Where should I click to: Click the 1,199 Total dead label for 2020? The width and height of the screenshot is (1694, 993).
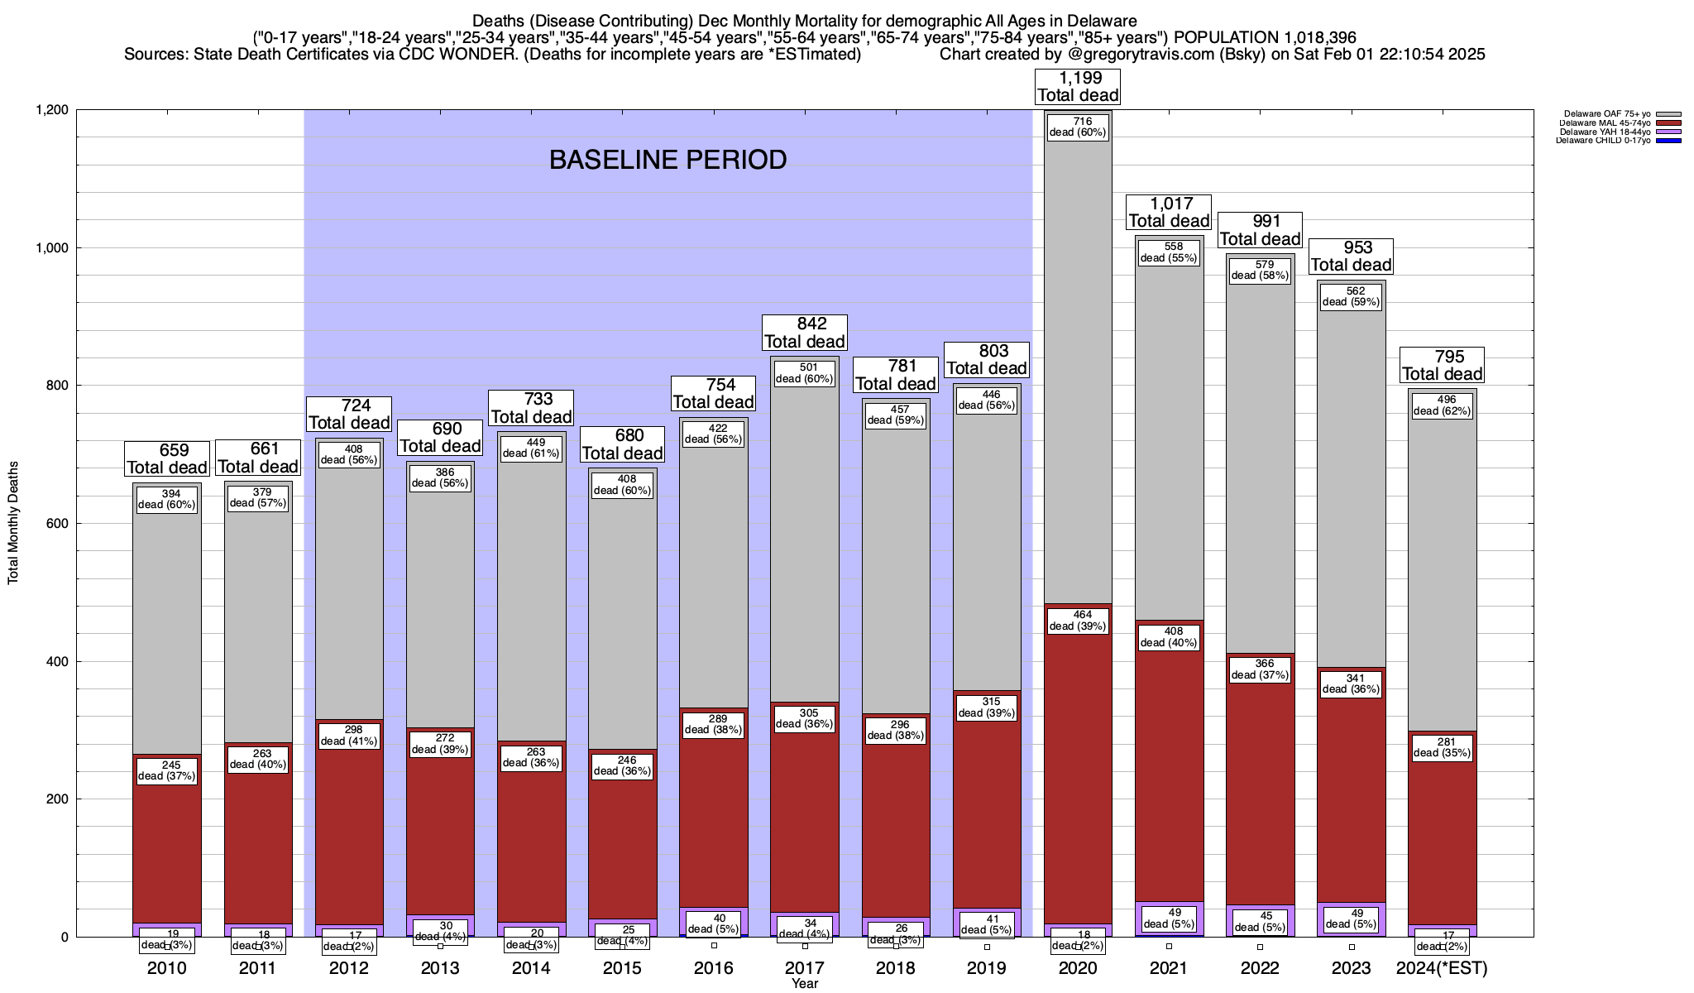1078,86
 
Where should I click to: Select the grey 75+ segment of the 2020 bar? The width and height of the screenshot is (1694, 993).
1078,372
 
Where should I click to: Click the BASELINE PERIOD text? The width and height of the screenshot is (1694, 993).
668,160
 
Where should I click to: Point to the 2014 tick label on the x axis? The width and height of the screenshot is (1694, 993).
531,968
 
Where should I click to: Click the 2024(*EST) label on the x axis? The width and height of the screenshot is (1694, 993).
1441,968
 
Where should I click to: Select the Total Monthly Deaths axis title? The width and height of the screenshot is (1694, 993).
13,523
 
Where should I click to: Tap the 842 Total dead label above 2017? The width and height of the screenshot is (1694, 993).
805,333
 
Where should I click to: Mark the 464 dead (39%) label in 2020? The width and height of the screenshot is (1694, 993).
1078,621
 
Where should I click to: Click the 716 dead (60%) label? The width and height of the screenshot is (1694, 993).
1078,127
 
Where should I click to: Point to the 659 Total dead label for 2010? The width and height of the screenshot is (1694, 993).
166,458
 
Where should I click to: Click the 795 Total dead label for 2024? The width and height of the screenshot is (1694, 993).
1441,365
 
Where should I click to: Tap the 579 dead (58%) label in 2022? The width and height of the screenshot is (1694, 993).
1260,270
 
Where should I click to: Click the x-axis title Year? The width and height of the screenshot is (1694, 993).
804,984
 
